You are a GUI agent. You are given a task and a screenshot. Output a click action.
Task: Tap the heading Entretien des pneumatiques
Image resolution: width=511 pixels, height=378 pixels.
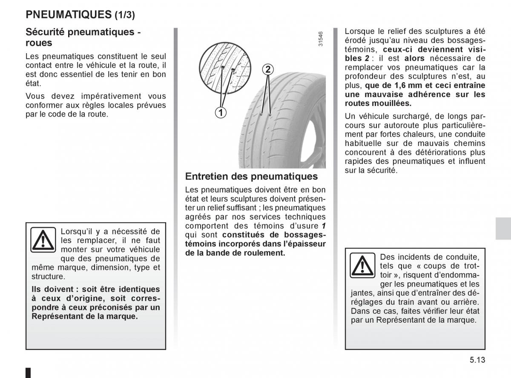(252, 176)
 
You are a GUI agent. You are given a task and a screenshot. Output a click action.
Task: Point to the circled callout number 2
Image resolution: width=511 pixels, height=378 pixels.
(267, 69)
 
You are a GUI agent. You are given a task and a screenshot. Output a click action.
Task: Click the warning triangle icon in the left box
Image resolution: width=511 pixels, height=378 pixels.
(43, 240)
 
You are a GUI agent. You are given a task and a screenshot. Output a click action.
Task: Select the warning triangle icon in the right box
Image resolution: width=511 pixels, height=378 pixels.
(362, 265)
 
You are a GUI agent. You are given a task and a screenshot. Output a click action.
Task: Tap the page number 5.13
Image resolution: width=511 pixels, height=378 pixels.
(478, 360)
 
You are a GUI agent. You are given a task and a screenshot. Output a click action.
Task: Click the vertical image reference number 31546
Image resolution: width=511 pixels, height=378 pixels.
(321, 40)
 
